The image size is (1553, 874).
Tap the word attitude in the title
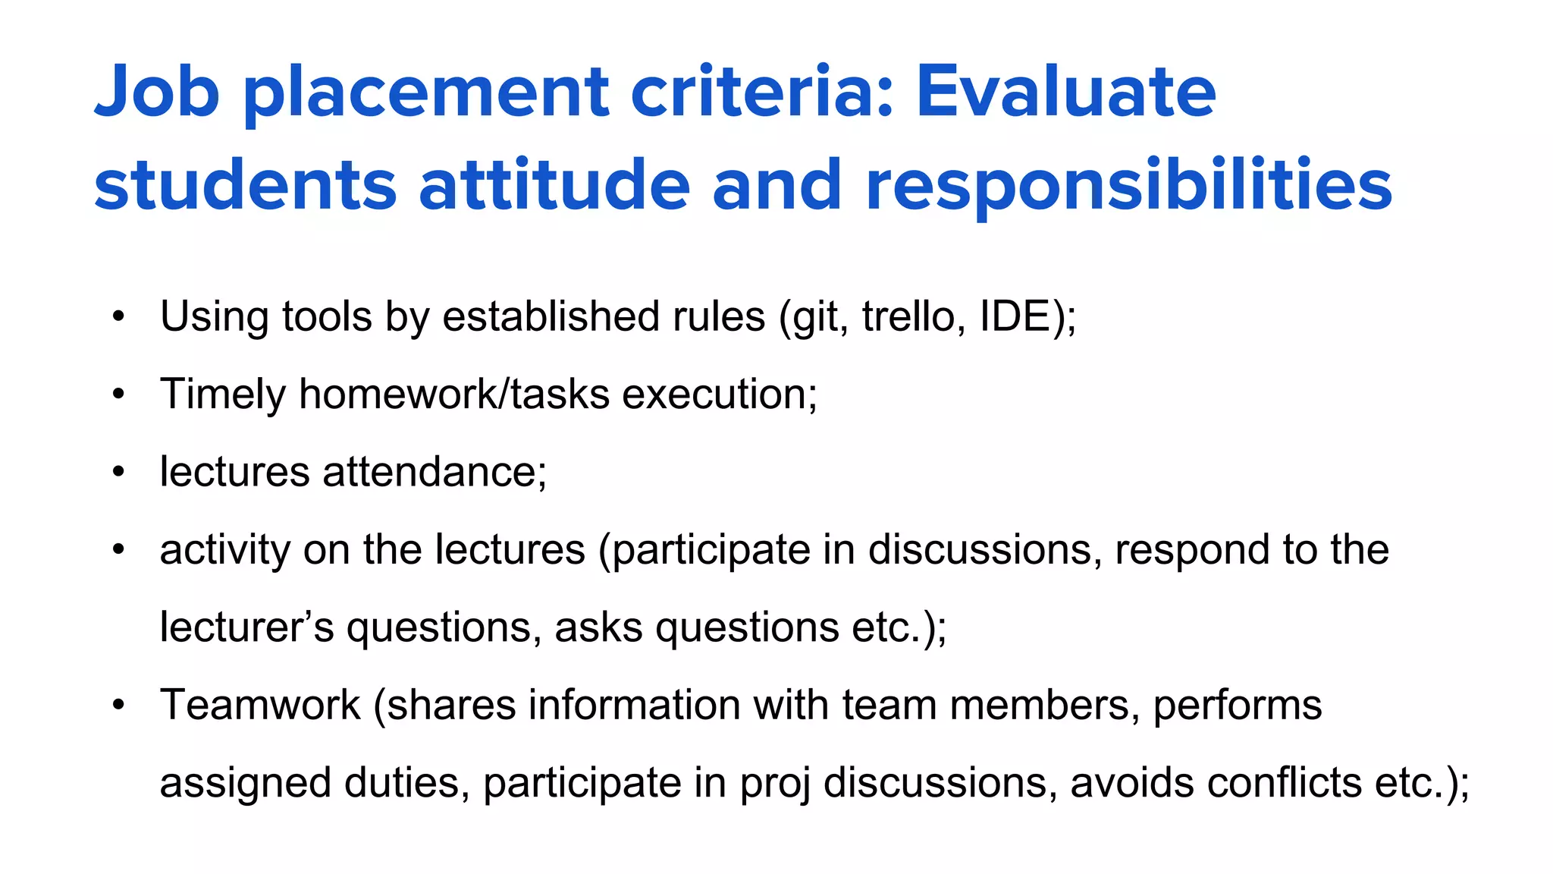(x=554, y=185)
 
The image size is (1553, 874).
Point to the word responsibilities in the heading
(x=1128, y=185)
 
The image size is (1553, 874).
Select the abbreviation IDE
(x=1015, y=316)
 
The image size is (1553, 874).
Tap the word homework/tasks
(x=454, y=395)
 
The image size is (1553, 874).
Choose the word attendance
(x=431, y=472)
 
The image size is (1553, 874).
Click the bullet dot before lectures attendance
(x=118, y=472)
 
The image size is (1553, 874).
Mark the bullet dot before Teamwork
(x=118, y=705)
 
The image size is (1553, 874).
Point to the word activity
(x=225, y=550)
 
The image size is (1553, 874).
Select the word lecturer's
(x=246, y=627)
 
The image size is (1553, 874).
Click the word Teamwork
(x=260, y=705)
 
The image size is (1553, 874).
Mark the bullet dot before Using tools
(x=118, y=316)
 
